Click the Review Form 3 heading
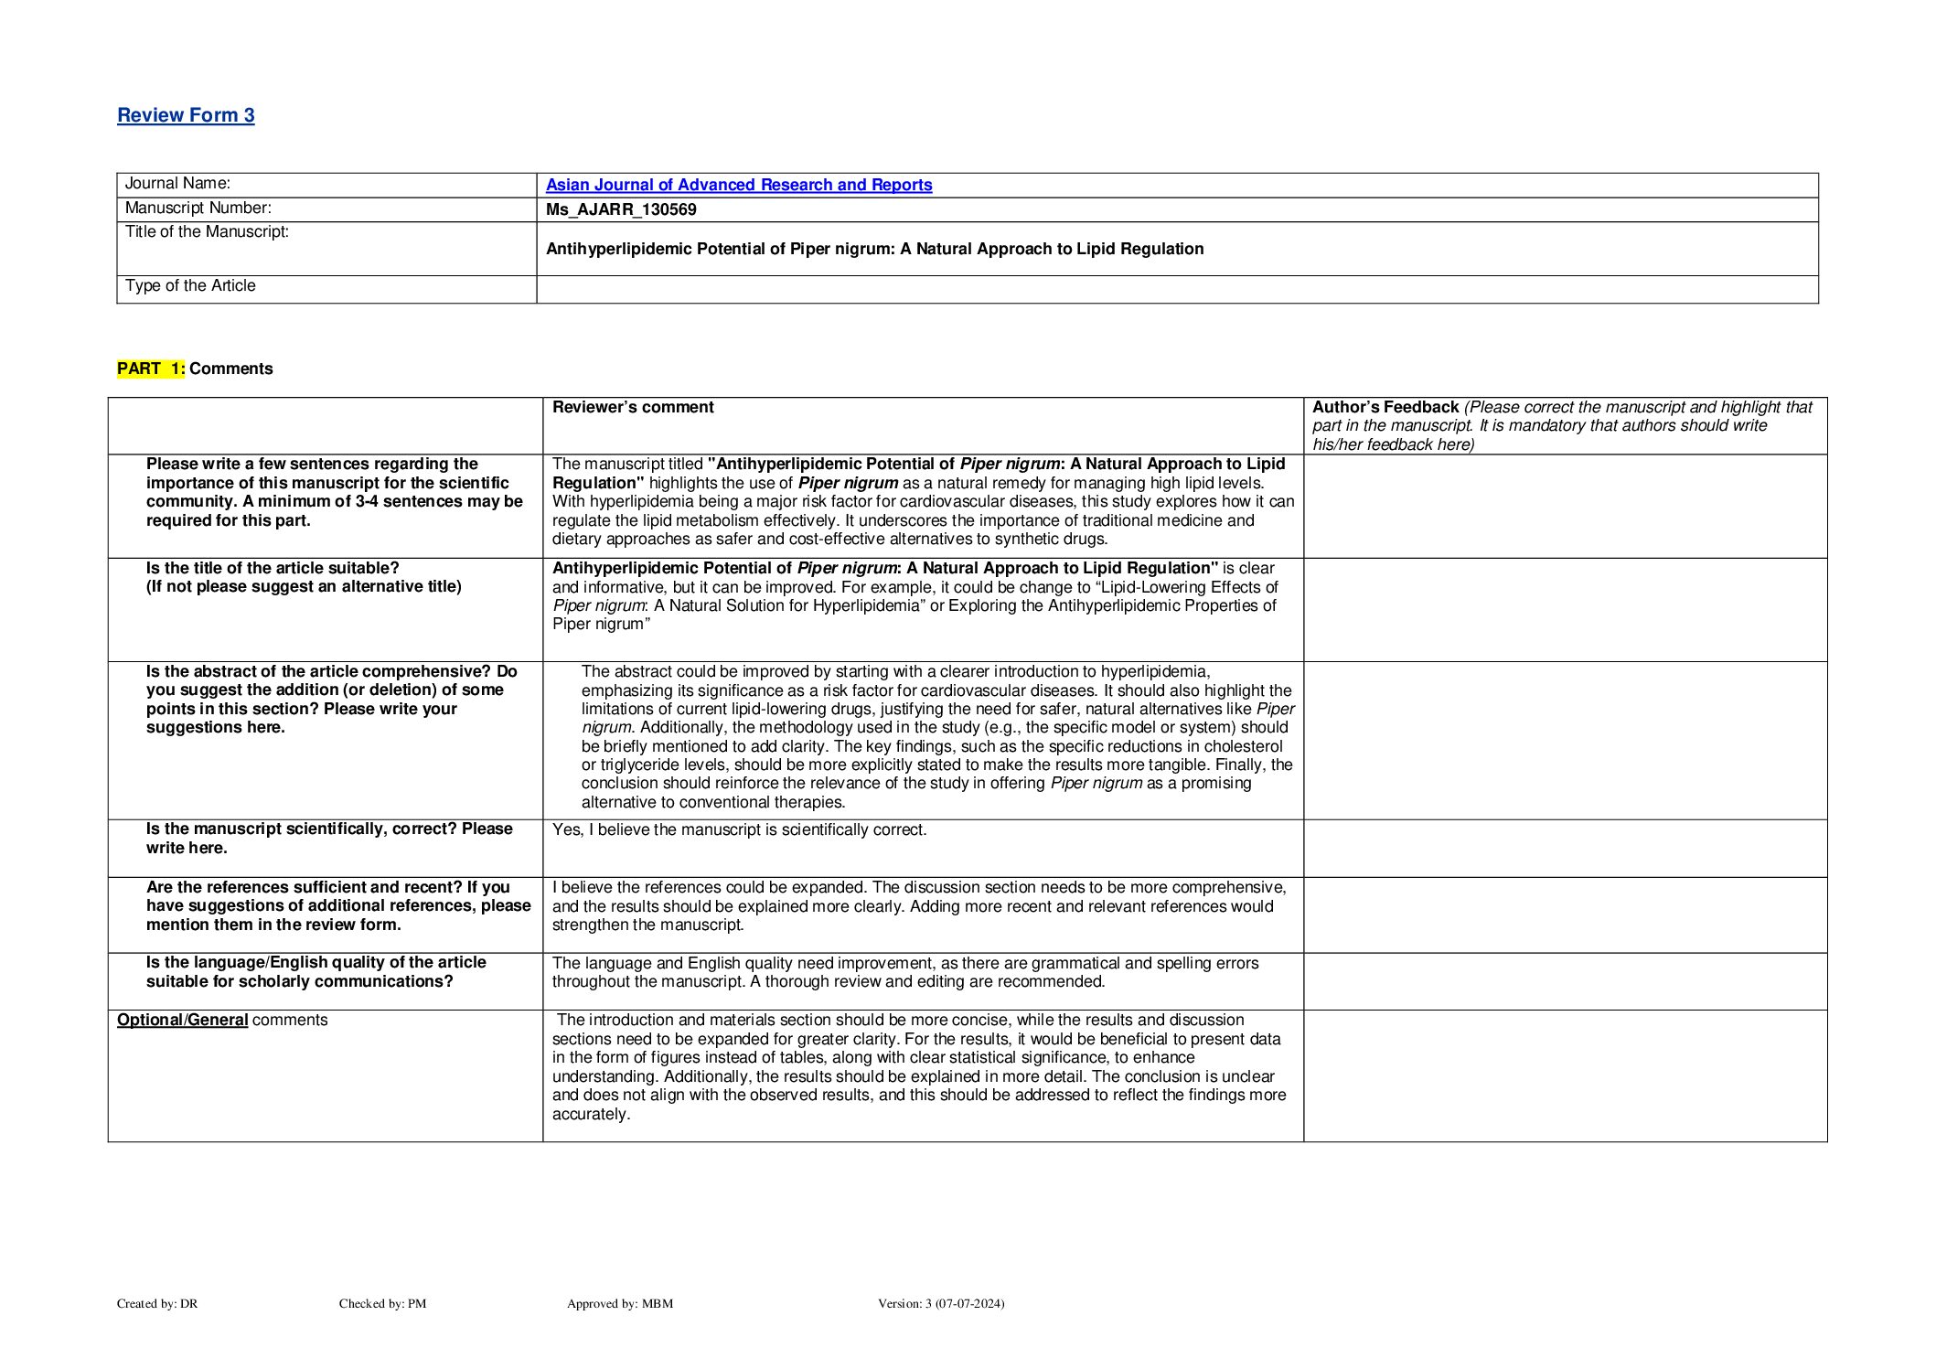(186, 115)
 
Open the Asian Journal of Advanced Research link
(738, 185)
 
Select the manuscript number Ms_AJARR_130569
(621, 209)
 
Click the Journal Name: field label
(177, 184)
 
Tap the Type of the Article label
(190, 286)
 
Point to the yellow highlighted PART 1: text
(151, 369)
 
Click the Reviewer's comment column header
(633, 408)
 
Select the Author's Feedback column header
(1385, 408)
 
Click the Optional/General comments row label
(222, 1020)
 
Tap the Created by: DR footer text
(157, 1303)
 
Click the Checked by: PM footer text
(382, 1303)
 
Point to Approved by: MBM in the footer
(619, 1303)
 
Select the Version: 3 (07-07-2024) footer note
(940, 1303)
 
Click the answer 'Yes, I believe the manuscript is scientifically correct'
(739, 829)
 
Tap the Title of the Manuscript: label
(207, 232)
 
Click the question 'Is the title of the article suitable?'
(273, 568)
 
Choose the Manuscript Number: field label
(198, 209)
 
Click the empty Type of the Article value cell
(1176, 289)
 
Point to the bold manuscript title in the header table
(874, 249)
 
